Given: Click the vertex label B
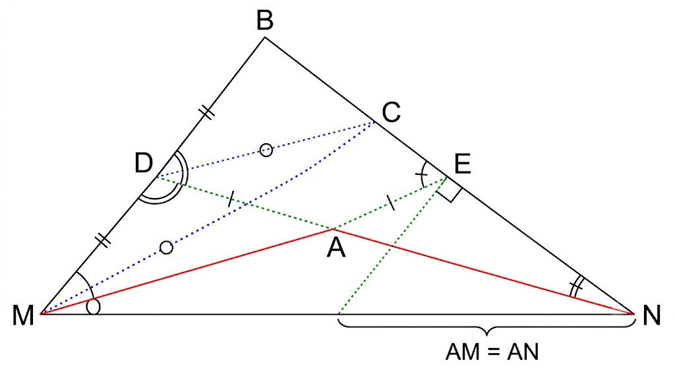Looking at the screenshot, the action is pos(265,20).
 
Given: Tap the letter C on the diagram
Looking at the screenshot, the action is pos(392,112).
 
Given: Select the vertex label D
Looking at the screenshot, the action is pos(143,163).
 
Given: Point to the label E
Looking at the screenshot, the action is pos(462,164).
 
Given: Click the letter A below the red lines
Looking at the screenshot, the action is pos(336,248).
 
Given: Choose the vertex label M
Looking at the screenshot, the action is pos(23,316).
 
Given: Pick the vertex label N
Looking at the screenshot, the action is pos(651,315).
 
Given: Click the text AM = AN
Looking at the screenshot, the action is pos(492,352).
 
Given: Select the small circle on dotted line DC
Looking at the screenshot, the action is pos(266,151).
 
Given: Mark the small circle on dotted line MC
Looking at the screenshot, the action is pos(167,248).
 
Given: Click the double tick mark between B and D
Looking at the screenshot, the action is pos(207,112).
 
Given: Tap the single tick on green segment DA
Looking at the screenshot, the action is pos(231,198).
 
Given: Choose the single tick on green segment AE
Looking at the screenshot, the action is pos(390,203).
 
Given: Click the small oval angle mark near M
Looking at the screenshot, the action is pos(94,307).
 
